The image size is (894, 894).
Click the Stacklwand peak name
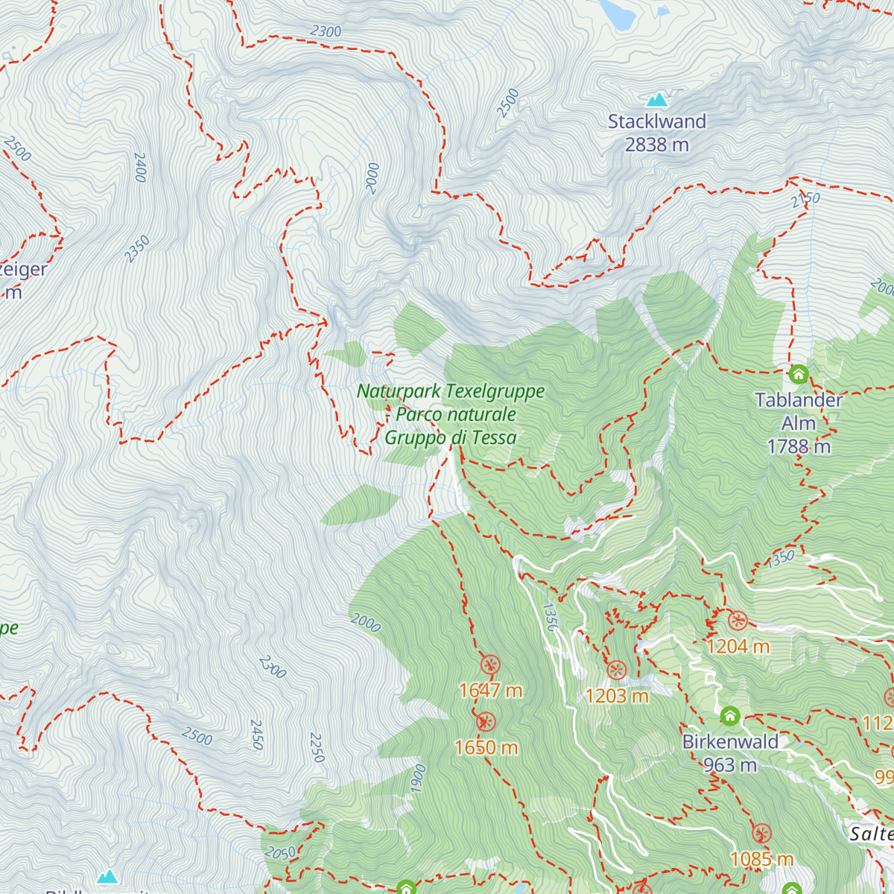[656, 121]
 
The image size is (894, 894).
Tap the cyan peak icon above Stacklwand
[656, 99]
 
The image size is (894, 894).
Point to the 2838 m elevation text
[656, 145]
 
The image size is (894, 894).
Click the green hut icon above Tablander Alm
[799, 374]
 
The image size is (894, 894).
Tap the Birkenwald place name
[730, 742]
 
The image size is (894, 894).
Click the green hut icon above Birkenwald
[730, 716]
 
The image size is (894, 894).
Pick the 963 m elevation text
[730, 765]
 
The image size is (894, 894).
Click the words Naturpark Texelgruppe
[451, 391]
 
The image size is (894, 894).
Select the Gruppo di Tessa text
[450, 438]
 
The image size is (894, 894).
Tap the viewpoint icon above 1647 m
[489, 665]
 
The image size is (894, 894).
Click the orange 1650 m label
[486, 747]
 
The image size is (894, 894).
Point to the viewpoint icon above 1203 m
[616, 670]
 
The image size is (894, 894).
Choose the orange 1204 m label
[738, 646]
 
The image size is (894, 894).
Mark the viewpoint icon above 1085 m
[761, 833]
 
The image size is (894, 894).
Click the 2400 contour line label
[140, 168]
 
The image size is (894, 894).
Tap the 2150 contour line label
[805, 200]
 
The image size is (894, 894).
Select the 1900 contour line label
[418, 779]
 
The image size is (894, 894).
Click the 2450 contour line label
[257, 735]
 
